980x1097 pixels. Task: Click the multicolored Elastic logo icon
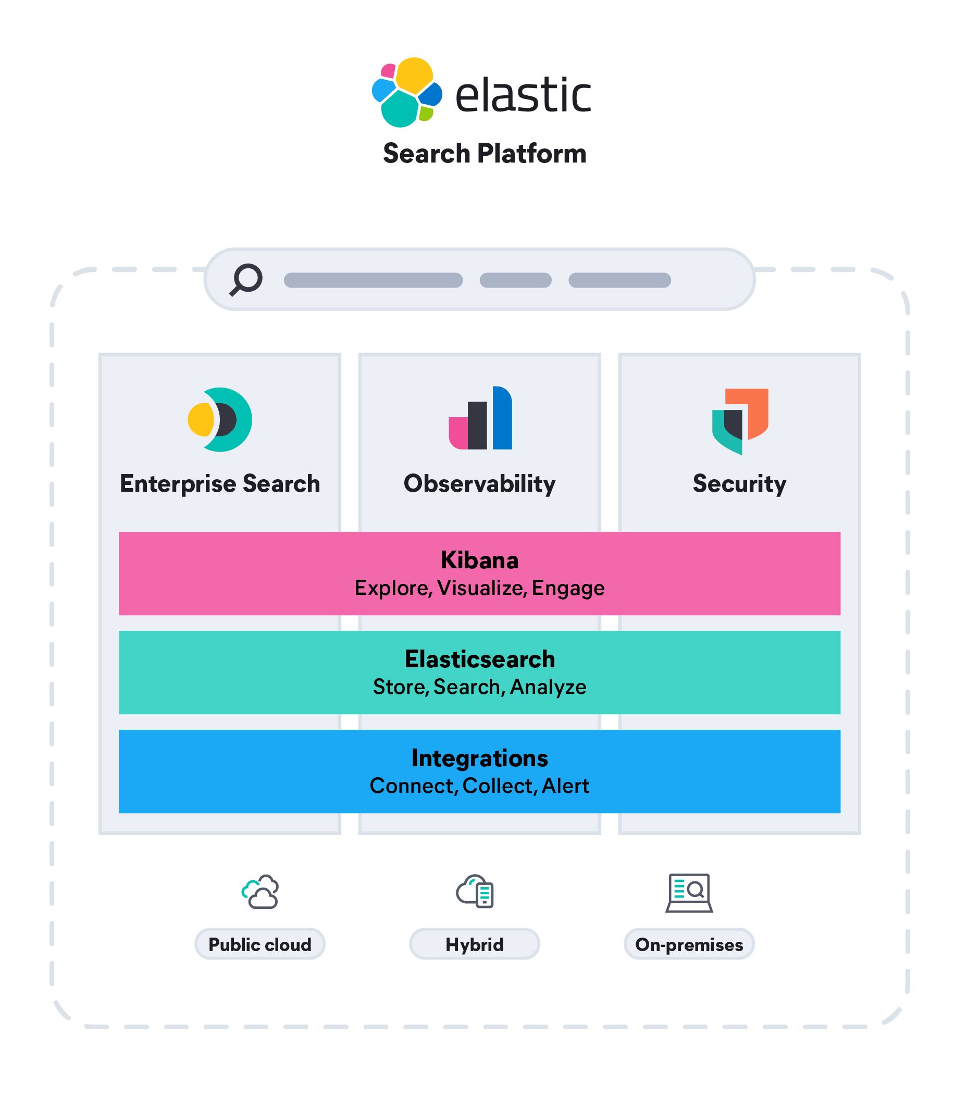click(x=406, y=92)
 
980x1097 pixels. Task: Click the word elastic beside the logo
click(x=523, y=95)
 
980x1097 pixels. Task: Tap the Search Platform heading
click(x=485, y=154)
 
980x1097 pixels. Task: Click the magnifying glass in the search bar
click(x=246, y=279)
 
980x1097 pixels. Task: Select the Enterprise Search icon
click(x=220, y=419)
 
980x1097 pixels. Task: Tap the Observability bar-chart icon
click(x=480, y=418)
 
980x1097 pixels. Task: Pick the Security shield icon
click(x=740, y=421)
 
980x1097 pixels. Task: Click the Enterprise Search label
click(x=220, y=483)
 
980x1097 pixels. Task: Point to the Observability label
click(x=480, y=483)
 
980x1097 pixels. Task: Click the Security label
click(x=739, y=483)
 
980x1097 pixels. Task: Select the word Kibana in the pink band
click(x=479, y=560)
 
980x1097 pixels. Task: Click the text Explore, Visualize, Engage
click(x=479, y=588)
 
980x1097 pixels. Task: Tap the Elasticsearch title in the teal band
click(x=479, y=659)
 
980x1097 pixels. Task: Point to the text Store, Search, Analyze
click(x=479, y=687)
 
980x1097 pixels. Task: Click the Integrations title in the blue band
click(x=479, y=758)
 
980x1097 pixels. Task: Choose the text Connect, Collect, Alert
click(x=479, y=786)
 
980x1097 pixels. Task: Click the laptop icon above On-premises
click(x=689, y=893)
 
